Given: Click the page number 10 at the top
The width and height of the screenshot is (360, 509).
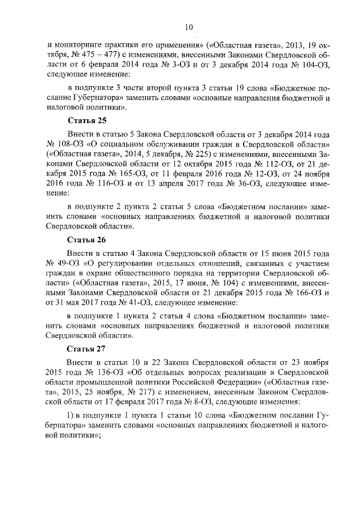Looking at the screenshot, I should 189,26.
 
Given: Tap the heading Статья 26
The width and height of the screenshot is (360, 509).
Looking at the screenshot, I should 87,239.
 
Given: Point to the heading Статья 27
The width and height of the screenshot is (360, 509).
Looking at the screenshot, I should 87,349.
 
